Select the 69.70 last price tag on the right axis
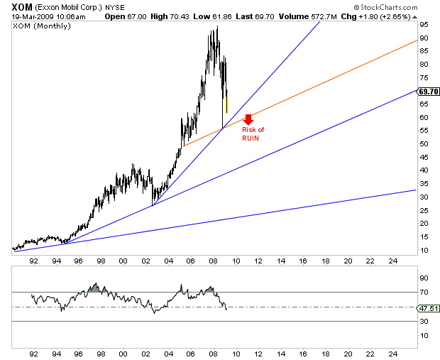pyautogui.click(x=428, y=91)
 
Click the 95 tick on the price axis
pyautogui.click(x=424, y=24)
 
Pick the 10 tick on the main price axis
pyautogui.click(x=424, y=251)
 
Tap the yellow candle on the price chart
pyautogui.click(x=226, y=101)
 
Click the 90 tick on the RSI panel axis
pyautogui.click(x=424, y=278)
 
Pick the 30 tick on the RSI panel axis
pyautogui.click(x=424, y=322)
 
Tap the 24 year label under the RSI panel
pyautogui.click(x=393, y=353)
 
